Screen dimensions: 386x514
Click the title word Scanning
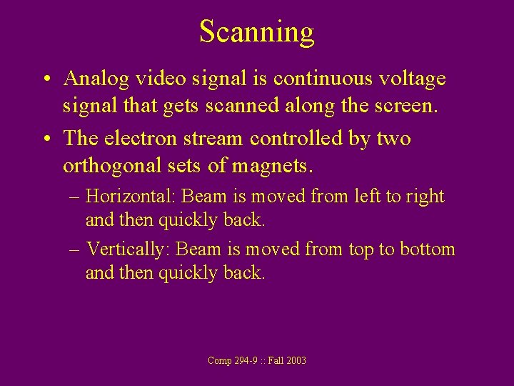coord(256,32)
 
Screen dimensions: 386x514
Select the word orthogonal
coord(114,166)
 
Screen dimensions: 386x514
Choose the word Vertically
coord(128,249)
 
